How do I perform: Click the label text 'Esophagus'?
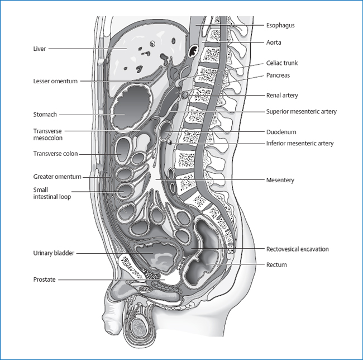[281, 25]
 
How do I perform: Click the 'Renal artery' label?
[283, 96]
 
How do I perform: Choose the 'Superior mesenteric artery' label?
[302, 112]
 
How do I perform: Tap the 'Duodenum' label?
[281, 132]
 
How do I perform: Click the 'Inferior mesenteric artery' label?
[300, 144]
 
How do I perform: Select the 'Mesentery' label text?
[280, 180]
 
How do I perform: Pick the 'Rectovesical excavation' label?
[298, 249]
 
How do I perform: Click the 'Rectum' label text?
[276, 264]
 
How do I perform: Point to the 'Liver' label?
[39, 49]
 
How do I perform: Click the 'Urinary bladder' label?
[53, 253]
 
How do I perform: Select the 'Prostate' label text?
[44, 280]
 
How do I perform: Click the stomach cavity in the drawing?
[132, 111]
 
